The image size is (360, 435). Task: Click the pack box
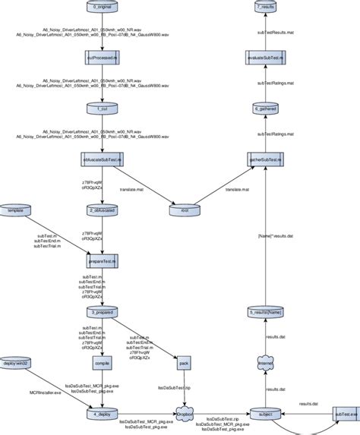(x=183, y=363)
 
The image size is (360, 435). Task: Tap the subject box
(x=266, y=414)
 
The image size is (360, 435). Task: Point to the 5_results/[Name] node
(x=266, y=311)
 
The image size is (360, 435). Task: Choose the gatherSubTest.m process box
(x=266, y=159)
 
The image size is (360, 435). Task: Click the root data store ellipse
(x=183, y=210)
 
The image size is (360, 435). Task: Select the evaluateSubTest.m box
(x=266, y=58)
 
